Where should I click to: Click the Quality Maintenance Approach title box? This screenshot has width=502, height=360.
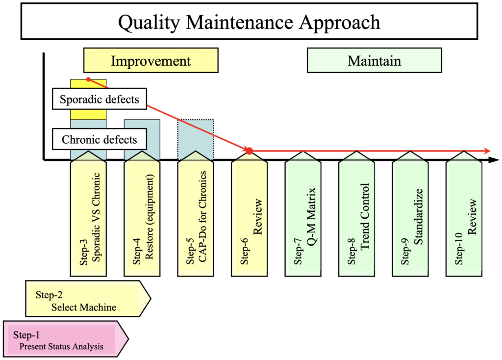(x=250, y=22)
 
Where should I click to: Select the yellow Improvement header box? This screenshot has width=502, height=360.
(x=151, y=61)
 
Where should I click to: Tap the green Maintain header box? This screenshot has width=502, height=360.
(x=374, y=61)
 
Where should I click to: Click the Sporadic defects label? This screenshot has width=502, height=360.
(x=100, y=100)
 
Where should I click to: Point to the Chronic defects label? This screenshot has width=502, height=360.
(x=100, y=140)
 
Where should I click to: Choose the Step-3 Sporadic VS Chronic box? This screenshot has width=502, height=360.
(x=88, y=216)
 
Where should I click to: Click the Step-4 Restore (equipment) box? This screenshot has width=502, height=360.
(x=142, y=216)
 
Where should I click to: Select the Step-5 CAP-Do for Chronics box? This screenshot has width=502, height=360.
(x=196, y=216)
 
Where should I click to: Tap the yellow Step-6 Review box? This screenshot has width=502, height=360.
(x=249, y=216)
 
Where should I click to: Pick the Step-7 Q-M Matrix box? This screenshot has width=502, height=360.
(x=303, y=216)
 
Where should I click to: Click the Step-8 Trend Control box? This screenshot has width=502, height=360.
(x=356, y=216)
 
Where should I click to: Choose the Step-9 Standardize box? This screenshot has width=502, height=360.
(x=410, y=216)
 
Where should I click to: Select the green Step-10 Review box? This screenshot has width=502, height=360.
(x=464, y=216)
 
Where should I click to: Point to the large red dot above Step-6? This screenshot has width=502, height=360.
(x=249, y=151)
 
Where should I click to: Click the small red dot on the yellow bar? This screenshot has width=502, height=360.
(x=88, y=79)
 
